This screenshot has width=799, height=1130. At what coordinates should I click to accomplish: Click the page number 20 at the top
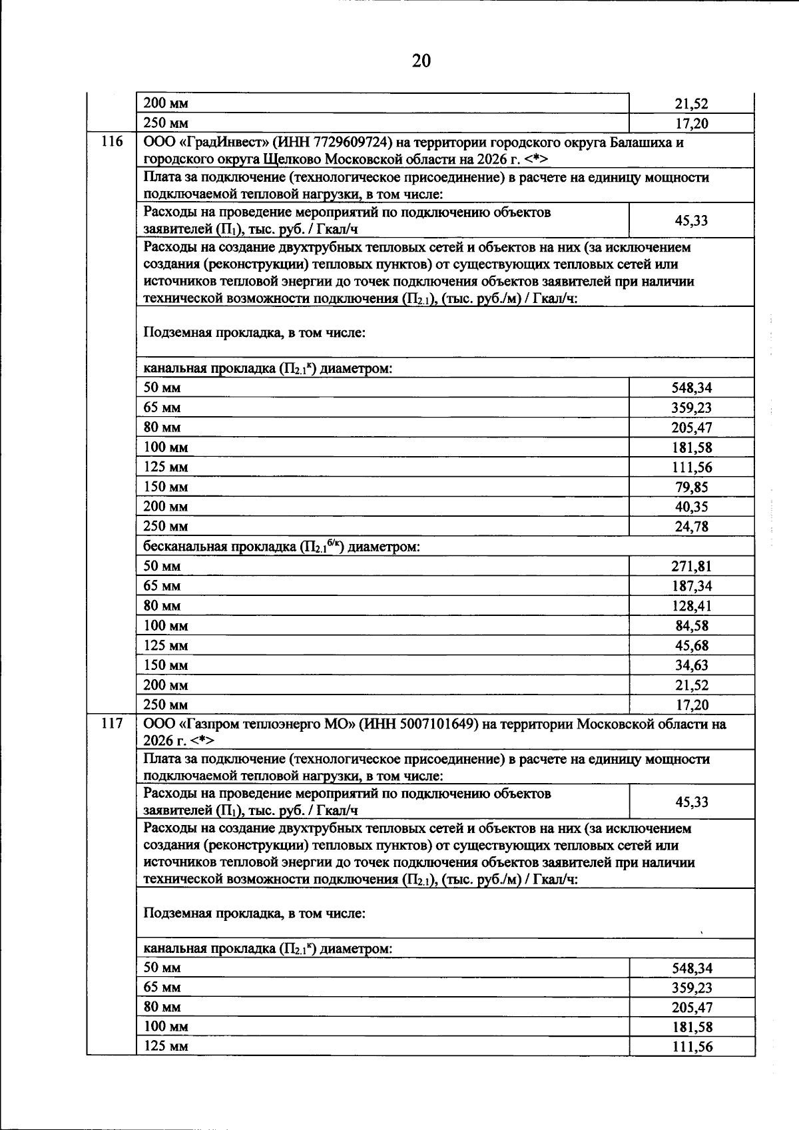(x=421, y=61)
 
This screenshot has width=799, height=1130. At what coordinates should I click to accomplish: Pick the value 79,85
(x=691, y=487)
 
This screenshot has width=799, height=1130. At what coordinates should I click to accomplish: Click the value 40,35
(x=691, y=507)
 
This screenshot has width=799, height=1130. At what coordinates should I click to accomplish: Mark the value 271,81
(x=691, y=567)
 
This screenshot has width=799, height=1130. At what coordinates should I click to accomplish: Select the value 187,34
(x=691, y=587)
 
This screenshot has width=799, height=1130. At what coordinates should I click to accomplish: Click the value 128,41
(x=691, y=607)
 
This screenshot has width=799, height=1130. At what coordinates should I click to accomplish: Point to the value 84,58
(x=691, y=626)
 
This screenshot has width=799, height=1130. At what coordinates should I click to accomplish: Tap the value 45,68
(x=691, y=646)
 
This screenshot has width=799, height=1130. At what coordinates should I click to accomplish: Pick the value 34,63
(x=691, y=666)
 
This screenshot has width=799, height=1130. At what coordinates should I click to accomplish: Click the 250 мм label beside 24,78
(x=166, y=527)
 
